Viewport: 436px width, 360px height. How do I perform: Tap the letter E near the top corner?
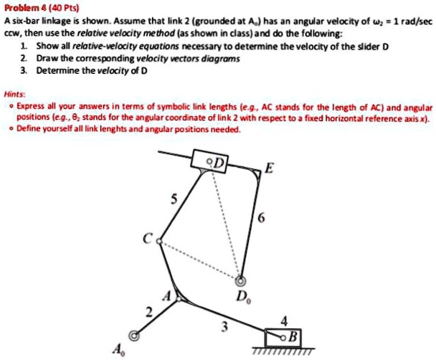click(x=268, y=169)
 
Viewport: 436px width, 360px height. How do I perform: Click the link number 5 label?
click(x=171, y=201)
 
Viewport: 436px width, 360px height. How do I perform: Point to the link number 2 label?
click(x=149, y=311)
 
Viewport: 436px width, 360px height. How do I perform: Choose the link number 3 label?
click(x=224, y=328)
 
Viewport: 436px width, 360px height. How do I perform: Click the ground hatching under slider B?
click(x=283, y=351)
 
